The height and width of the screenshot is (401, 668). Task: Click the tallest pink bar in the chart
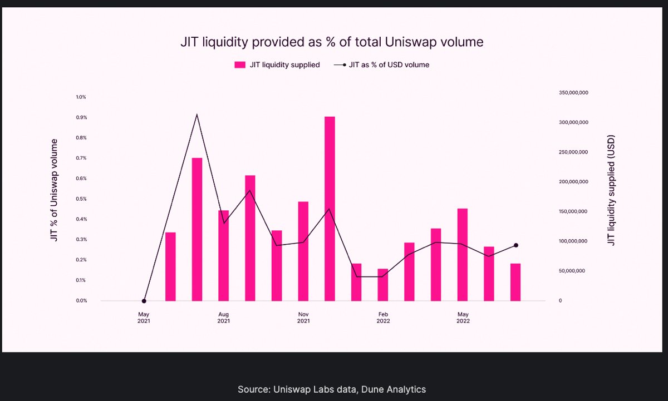(x=330, y=209)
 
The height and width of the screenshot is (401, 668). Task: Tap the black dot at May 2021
(x=144, y=301)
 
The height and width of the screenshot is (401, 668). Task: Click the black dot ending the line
(x=516, y=245)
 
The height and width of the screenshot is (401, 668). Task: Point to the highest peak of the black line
(x=197, y=115)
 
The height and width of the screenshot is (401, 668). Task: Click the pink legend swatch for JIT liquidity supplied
(x=240, y=65)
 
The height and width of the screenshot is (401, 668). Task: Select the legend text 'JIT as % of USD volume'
(x=389, y=65)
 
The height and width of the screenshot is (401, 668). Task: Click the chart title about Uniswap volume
(x=331, y=42)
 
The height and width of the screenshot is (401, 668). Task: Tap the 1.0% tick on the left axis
(x=81, y=97)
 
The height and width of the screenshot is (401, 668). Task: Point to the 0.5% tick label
(x=81, y=199)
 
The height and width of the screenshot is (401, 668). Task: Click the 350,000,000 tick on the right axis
(x=573, y=92)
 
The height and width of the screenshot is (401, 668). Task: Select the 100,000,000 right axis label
(x=573, y=241)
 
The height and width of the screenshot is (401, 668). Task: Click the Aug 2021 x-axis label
(x=223, y=318)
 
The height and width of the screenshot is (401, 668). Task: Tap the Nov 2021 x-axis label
(x=303, y=318)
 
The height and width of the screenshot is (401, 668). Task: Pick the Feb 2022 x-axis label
(x=383, y=318)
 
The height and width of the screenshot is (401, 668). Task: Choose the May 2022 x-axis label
(x=463, y=318)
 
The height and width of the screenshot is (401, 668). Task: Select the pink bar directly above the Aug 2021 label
(x=223, y=255)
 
